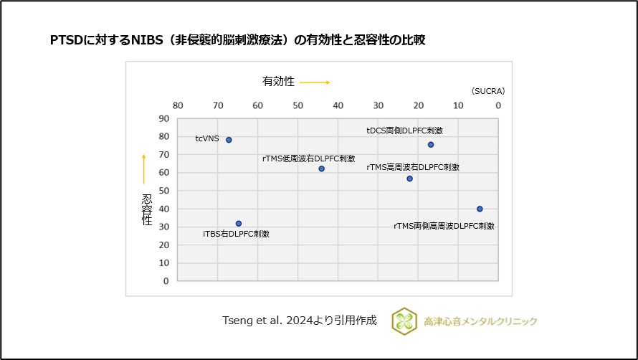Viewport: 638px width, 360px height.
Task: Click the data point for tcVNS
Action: coord(229,140)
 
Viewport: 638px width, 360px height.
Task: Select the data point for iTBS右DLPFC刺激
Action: coord(239,224)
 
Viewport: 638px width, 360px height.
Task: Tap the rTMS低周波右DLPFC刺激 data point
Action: coord(321,169)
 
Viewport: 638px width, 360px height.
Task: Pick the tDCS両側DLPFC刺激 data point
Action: coord(431,145)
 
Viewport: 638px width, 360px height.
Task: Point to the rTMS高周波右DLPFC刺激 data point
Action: coord(410,179)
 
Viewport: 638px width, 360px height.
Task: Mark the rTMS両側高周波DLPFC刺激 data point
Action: coord(480,209)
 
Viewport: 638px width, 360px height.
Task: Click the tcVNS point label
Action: coord(207,139)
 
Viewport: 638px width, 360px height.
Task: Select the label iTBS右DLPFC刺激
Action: coord(236,234)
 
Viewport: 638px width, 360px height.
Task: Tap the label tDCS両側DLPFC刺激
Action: coord(404,131)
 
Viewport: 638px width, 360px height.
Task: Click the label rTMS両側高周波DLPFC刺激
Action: coord(444,226)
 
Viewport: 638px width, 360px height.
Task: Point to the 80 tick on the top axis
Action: coord(178,105)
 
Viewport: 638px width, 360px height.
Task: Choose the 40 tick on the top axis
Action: coord(338,105)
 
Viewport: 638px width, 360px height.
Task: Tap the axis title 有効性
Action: coord(278,82)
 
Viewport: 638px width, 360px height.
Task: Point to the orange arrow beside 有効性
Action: coord(315,82)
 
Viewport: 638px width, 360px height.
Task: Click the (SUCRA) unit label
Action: coord(488,91)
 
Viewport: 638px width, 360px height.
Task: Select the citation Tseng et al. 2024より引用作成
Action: coord(300,321)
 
